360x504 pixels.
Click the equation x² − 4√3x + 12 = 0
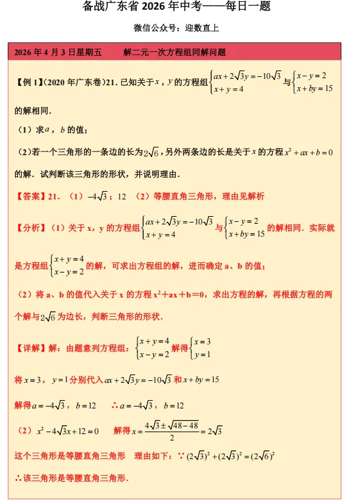point(68,430)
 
